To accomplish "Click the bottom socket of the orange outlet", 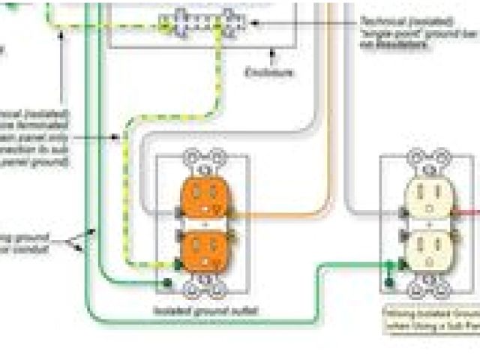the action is pyautogui.click(x=203, y=250).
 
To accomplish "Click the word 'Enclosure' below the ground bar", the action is pyautogui.click(x=269, y=72).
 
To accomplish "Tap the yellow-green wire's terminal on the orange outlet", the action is pyautogui.click(x=178, y=263).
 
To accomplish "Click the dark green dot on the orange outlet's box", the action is pyautogui.click(x=166, y=283).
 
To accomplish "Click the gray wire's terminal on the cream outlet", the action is pyautogui.click(x=403, y=211).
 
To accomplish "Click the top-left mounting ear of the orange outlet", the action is pyautogui.click(x=190, y=157).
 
